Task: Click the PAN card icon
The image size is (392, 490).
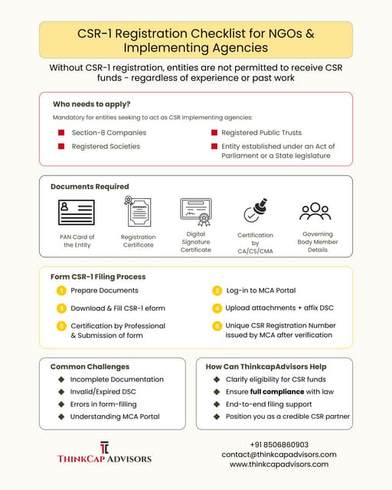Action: (x=77, y=212)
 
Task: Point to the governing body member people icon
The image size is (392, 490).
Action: (x=315, y=211)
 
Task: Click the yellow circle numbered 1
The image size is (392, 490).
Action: (x=61, y=291)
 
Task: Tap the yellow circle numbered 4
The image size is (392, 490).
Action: (x=217, y=308)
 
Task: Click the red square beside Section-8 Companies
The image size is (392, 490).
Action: (x=61, y=132)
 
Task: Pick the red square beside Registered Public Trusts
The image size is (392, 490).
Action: (x=214, y=132)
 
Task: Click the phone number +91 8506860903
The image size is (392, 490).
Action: (x=279, y=445)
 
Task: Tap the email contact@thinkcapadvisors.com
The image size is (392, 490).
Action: (x=279, y=454)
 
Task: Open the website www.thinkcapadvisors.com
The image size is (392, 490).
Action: (x=279, y=464)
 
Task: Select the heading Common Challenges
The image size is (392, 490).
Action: (x=90, y=367)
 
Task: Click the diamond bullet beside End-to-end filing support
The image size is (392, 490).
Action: (x=217, y=404)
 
